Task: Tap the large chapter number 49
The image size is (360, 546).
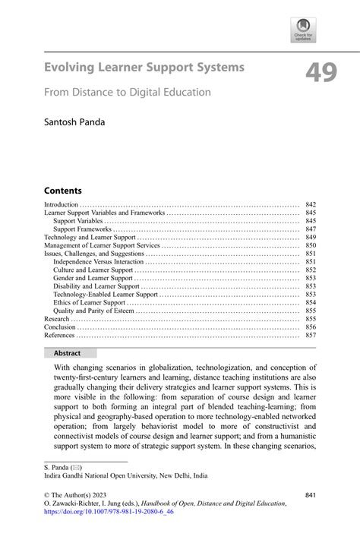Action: coord(323,73)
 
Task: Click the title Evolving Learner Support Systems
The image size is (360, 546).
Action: coord(144,68)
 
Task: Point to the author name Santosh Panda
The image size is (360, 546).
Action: coord(79,121)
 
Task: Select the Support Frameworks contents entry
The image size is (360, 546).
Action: coord(82,229)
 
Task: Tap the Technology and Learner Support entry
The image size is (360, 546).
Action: coord(90,238)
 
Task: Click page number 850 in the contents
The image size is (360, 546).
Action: coord(310,246)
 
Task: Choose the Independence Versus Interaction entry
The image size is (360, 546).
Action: coord(99,261)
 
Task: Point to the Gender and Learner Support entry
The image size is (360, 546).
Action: coord(93,278)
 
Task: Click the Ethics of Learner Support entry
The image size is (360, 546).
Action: coord(89,302)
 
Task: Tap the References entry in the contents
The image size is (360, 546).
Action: coord(59,335)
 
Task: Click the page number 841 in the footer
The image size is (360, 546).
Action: coord(310,494)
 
